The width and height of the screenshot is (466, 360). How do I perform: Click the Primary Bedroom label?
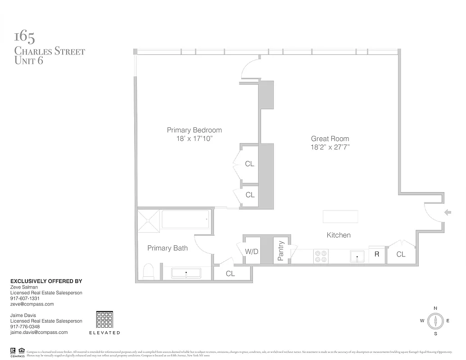coord(194,130)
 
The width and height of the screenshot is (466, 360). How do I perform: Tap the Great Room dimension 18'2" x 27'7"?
coord(330,147)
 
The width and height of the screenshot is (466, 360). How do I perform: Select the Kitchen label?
coord(338,235)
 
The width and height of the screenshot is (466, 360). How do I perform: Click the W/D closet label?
coord(252,251)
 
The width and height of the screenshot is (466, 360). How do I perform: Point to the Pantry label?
coord(281,251)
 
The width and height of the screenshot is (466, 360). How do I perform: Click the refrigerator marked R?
coord(376,254)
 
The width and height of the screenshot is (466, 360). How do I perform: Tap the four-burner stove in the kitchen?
coord(321,256)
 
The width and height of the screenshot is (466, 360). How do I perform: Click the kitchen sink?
coord(357,256)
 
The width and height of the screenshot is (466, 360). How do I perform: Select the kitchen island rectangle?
coord(340,216)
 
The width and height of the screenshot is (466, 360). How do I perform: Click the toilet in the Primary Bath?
coord(148,271)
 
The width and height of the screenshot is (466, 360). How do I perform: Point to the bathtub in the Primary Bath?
coord(185,219)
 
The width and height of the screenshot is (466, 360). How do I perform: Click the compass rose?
coord(435,321)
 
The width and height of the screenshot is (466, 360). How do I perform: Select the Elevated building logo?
coord(105,320)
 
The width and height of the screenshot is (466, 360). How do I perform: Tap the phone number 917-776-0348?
coord(25,327)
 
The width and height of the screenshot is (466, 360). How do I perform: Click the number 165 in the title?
coord(25,36)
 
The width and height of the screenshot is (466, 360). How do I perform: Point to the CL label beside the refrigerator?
coord(401,254)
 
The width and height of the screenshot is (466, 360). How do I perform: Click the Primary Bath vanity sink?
coord(186,273)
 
